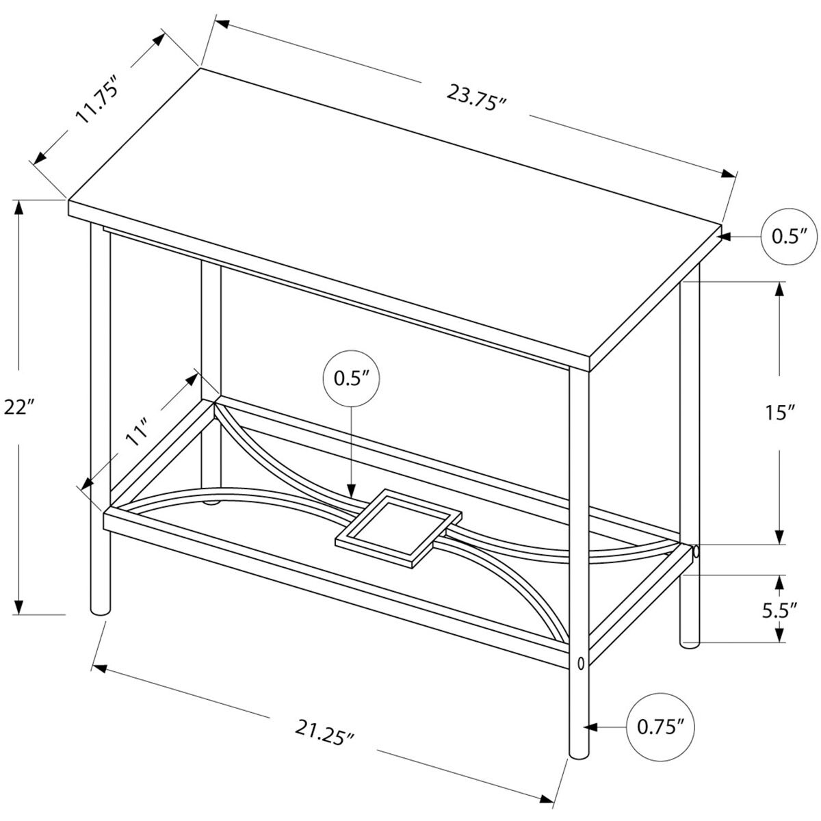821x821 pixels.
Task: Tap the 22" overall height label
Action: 18,407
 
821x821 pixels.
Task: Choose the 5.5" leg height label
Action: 780,610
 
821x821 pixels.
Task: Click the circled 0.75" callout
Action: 660,727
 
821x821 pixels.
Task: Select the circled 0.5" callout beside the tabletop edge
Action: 789,236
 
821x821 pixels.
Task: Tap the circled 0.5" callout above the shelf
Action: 351,378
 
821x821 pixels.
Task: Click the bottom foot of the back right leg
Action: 690,642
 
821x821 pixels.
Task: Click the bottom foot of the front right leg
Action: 579,753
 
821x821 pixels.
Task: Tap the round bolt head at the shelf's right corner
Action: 695,551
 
